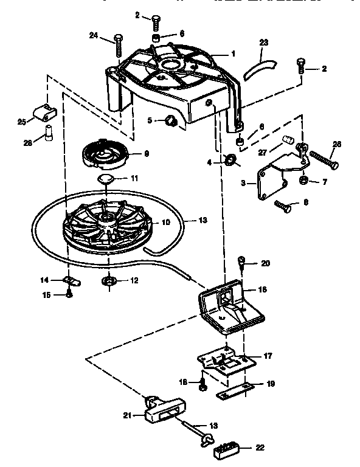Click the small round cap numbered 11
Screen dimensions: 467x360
pyautogui.click(x=106, y=178)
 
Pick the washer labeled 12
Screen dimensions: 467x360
pyautogui.click(x=108, y=281)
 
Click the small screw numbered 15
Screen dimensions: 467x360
pyautogui.click(x=69, y=294)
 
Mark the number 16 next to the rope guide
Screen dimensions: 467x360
pyautogui.click(x=263, y=290)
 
